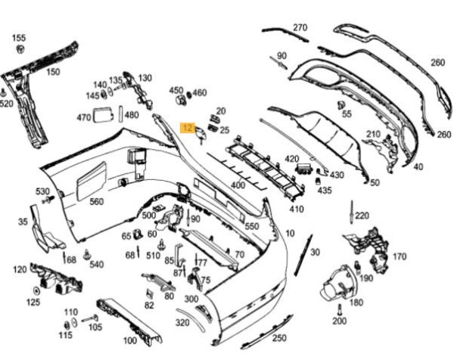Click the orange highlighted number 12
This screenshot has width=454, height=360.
188,129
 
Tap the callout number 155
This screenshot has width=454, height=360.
19,38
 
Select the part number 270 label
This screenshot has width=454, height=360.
300,28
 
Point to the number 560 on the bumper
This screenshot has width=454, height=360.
96,201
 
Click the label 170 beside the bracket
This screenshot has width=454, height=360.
400,256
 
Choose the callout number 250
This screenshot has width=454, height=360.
279,337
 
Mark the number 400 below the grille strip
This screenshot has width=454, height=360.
238,185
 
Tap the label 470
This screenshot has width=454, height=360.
84,117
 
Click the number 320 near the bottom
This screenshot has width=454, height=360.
182,321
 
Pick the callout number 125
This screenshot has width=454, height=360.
34,302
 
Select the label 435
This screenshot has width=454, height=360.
325,191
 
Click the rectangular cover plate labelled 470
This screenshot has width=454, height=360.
102,116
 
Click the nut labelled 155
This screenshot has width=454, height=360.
18,50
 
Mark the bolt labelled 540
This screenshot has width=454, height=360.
88,253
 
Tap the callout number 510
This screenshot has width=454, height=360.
152,255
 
